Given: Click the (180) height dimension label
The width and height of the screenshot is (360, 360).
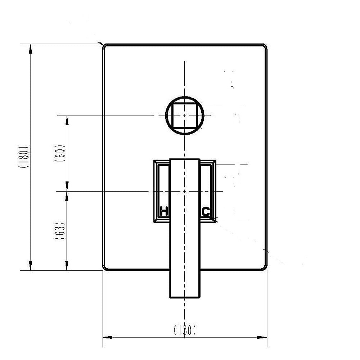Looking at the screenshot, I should click(x=24, y=157).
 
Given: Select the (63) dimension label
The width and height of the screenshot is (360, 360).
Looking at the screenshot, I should click(x=60, y=231).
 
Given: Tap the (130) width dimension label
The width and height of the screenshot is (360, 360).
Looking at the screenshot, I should click(x=185, y=330).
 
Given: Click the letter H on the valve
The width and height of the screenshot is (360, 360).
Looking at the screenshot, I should click(x=164, y=212).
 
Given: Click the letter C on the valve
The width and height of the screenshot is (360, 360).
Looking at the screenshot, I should click(x=206, y=212).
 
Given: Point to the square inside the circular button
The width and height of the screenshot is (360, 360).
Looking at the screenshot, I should click(x=185, y=115).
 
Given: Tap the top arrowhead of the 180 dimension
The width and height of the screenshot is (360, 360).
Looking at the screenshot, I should click(x=31, y=48).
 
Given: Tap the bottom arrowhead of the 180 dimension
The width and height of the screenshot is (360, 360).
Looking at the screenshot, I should click(x=31, y=266).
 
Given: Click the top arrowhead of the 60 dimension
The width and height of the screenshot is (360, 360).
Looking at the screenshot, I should click(x=67, y=120).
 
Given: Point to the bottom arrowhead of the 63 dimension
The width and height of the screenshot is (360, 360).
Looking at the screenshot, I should click(x=67, y=266).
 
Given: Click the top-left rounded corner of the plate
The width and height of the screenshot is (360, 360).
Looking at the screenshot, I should click(x=105, y=46).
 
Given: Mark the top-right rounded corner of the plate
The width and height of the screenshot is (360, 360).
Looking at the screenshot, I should click(x=265, y=46).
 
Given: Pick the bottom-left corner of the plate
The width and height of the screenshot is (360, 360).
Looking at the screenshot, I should click(x=105, y=268).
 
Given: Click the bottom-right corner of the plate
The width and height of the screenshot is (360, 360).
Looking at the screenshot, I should click(x=265, y=268).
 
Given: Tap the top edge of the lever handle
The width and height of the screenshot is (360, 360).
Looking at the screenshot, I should click(x=185, y=159).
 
